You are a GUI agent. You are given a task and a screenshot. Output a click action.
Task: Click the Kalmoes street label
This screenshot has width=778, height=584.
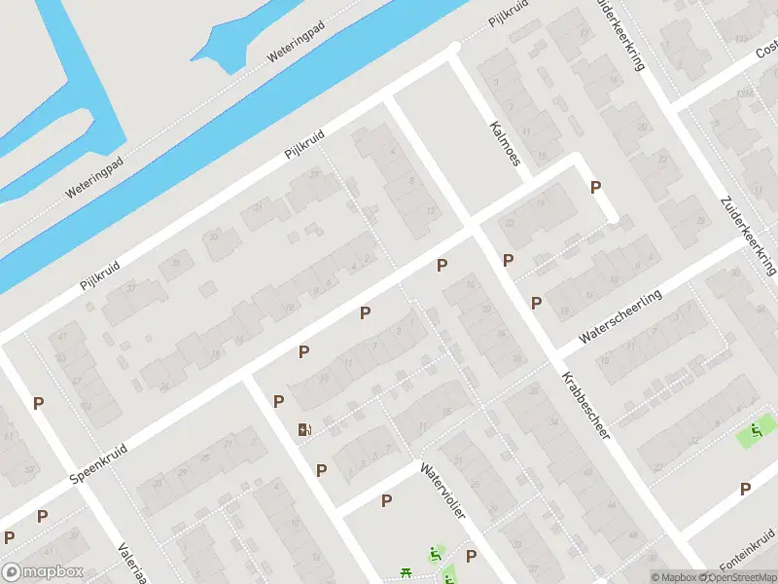point(505,143)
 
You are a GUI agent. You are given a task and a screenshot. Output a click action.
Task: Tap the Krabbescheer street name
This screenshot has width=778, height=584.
point(584,405)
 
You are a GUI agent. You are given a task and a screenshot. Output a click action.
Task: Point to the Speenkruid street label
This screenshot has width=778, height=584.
point(100,462)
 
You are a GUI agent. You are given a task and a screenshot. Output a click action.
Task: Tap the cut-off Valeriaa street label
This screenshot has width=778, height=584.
point(131,563)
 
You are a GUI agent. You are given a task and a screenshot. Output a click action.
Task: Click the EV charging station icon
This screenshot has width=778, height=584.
point(305,429)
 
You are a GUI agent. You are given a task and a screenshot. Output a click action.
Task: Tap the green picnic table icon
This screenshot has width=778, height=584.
point(407,573)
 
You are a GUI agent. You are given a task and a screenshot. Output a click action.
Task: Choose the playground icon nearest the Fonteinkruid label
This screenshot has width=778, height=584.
point(756,430)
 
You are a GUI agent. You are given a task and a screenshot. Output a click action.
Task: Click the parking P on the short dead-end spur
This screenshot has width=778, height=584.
point(596,187)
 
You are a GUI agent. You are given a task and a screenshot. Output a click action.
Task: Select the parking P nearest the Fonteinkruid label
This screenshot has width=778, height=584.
point(746,489)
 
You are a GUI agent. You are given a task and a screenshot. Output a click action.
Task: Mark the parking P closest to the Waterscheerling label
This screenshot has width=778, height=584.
point(536,303)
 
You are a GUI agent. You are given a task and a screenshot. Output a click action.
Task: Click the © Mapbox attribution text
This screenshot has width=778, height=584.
point(675,577)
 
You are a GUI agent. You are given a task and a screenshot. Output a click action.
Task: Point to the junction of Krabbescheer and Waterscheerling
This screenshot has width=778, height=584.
point(555,351)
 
